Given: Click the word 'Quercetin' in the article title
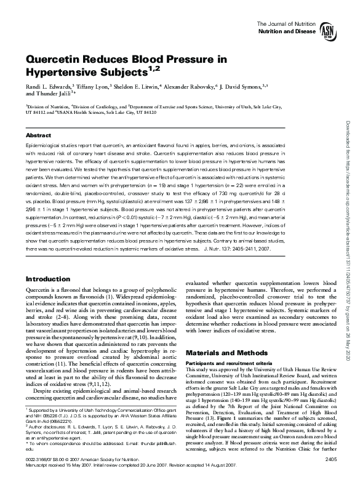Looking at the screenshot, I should pyautogui.click(x=56, y=60).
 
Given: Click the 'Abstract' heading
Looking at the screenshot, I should pyautogui.click(x=39, y=134).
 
